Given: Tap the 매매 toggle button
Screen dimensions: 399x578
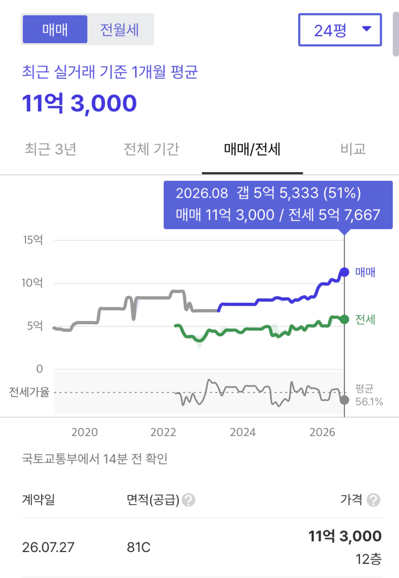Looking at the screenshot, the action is pos(55,29).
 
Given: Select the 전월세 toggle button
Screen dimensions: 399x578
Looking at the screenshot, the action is pos(120,29).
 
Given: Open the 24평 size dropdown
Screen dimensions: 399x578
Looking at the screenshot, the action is pos(340,30).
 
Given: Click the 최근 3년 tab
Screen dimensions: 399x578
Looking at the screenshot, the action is pos(51,149).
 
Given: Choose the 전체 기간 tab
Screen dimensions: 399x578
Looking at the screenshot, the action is pos(151,149).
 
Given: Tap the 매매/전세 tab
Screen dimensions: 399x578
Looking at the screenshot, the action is pos(252,149).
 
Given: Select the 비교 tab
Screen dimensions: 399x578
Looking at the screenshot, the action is pos(353,149).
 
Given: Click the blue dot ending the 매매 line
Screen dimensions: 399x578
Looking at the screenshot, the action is pos(344,272).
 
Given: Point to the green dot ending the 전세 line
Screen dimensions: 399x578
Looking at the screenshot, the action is pos(344,319).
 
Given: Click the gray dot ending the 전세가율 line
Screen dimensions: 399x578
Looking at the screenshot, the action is pos(344,400).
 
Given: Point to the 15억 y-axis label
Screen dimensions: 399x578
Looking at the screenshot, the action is pos(33,240).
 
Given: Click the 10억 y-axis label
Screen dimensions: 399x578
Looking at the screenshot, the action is pos(32,283).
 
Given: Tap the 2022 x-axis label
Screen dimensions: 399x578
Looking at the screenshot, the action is pos(164,432).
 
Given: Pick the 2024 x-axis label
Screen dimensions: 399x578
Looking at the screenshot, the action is pos(243,432).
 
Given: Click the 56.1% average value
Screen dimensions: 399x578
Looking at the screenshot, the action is pos(369,402).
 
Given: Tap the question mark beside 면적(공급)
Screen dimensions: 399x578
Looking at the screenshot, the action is pos(189,500).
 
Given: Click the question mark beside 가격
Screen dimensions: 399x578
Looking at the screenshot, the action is pos(373,500).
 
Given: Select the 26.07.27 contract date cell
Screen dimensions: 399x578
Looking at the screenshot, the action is pos(48,548).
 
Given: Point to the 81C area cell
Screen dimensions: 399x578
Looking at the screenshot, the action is pos(138,548).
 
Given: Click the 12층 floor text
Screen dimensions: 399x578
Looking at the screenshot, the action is pos(369,559).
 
